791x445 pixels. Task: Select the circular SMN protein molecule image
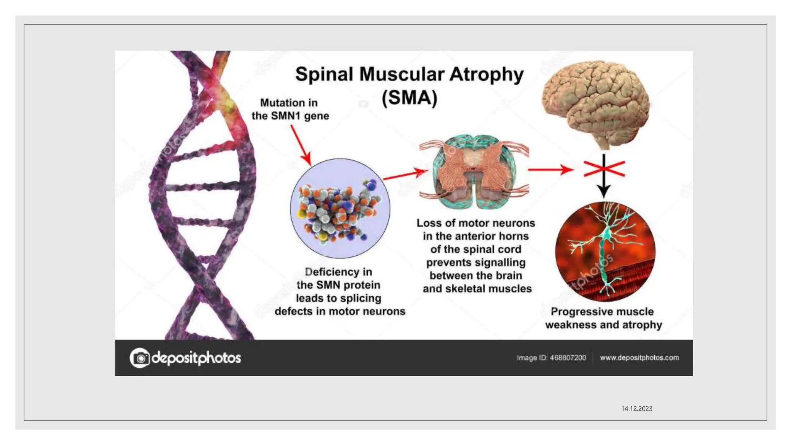pos(340,209)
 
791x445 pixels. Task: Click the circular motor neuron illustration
pos(605,251)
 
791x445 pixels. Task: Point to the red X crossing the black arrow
pos(604,169)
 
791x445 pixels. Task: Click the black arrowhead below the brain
pos(604,190)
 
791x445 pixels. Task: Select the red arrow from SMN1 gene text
pos(301,145)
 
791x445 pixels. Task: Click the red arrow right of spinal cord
pos(550,169)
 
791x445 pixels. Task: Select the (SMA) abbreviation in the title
pos(409,97)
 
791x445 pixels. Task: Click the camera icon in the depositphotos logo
pos(140,358)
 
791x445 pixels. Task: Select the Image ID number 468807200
pos(568,358)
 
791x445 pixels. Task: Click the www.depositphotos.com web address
pos(639,358)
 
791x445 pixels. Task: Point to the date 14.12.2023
pos(637,409)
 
